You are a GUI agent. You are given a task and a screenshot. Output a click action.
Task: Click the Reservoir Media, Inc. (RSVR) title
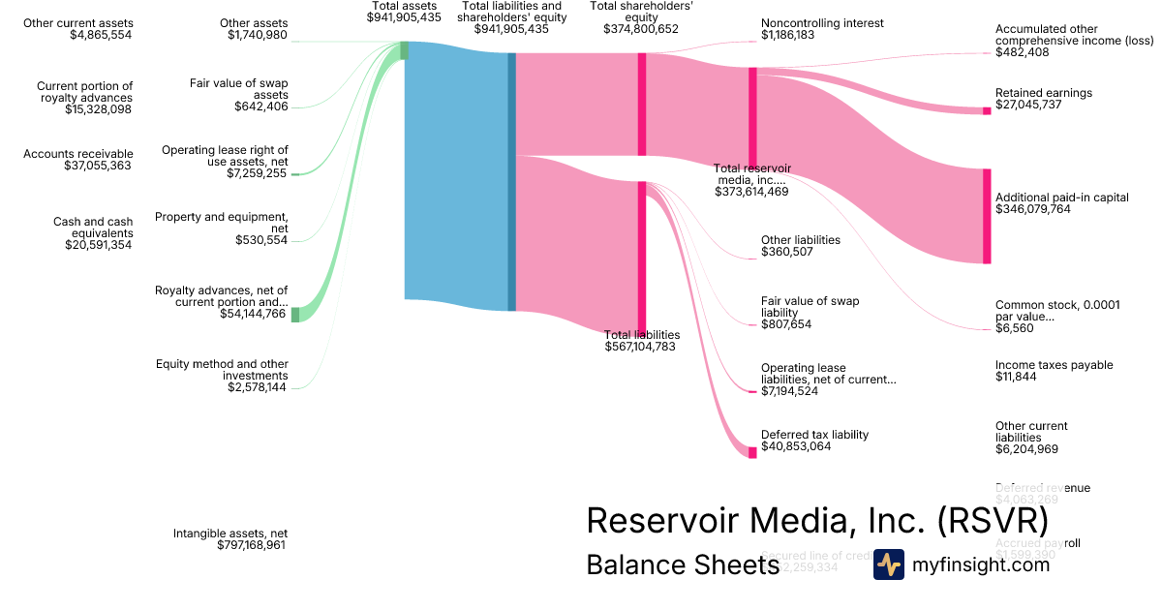pos(817,520)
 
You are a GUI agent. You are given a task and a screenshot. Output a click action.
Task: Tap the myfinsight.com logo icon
pos(888,564)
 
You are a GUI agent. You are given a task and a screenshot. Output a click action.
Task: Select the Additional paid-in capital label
pos(1061,198)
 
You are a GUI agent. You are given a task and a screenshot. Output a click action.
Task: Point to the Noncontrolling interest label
pos(814,23)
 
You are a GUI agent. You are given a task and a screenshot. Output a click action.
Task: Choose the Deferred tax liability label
pos(814,435)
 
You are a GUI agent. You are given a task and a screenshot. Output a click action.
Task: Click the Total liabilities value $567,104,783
pos(640,347)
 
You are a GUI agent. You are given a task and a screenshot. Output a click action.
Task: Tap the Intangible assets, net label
pos(229,534)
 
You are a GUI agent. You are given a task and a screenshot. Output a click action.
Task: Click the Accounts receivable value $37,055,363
pos(86,166)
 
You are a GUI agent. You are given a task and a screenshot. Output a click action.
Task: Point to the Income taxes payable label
pos(1054,365)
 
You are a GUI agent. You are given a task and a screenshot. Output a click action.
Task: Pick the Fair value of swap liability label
pos(810,307)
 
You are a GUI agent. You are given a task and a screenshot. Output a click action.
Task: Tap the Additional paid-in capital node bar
pos(987,216)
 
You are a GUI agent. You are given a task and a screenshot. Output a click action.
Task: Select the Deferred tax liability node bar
pos(751,452)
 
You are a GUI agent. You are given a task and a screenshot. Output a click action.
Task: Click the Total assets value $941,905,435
pos(404,17)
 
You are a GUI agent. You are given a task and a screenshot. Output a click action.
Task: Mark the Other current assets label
pos(80,23)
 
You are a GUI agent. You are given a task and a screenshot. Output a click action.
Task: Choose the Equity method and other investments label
pos(222,370)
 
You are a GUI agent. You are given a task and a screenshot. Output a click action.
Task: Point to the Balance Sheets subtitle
pos(683,566)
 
